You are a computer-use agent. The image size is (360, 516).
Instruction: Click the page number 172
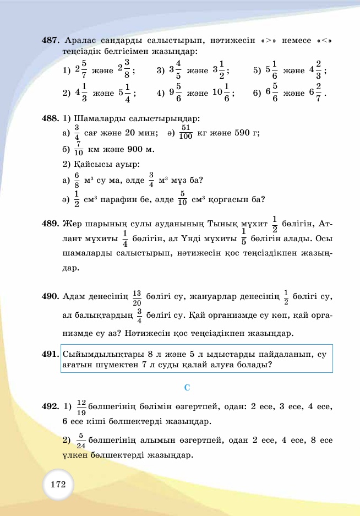(x=58, y=485)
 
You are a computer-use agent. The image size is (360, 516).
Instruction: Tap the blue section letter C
(x=187, y=388)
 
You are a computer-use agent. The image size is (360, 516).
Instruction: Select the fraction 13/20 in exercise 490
(x=137, y=297)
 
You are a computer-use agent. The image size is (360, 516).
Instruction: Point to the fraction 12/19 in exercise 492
(x=81, y=408)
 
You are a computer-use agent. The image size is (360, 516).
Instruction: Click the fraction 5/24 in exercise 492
(x=81, y=441)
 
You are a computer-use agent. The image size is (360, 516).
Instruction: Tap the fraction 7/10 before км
(x=79, y=149)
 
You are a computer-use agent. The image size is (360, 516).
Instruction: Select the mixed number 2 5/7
(x=80, y=70)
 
